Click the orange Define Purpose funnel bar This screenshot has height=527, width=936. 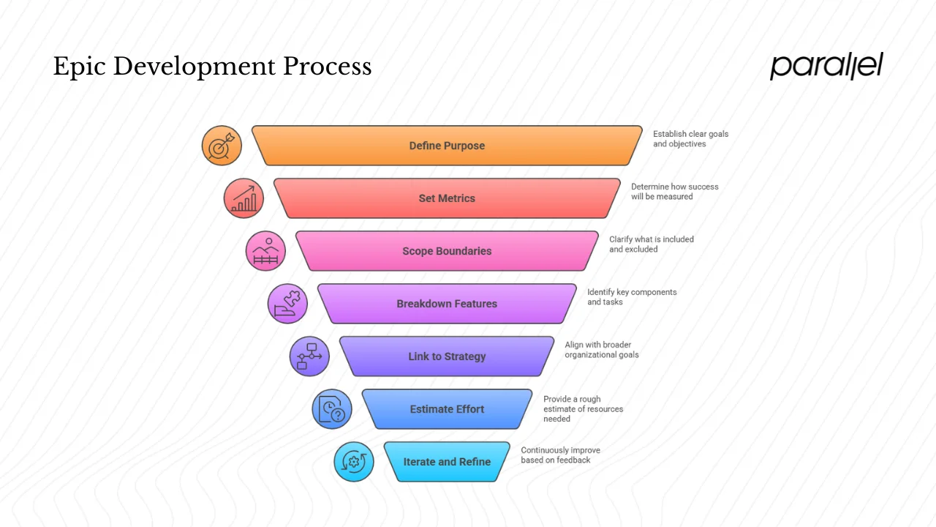click(447, 146)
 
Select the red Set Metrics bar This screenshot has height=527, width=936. click(447, 198)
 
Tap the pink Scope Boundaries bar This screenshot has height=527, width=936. click(447, 251)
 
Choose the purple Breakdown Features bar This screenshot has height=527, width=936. click(447, 304)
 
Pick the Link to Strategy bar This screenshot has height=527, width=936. click(447, 356)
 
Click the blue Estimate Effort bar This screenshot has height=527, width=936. click(447, 409)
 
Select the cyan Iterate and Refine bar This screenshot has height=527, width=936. click(447, 462)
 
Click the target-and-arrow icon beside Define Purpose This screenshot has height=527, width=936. click(222, 145)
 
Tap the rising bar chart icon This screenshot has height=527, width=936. click(244, 198)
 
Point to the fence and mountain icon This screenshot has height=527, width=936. click(265, 251)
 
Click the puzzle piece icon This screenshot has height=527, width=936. click(287, 304)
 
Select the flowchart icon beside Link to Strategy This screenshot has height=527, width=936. click(309, 356)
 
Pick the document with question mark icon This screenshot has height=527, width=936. click(332, 409)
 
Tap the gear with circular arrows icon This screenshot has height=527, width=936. click(354, 462)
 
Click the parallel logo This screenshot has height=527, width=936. click(826, 66)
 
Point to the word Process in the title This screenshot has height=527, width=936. click(327, 67)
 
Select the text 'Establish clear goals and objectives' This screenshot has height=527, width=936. click(690, 139)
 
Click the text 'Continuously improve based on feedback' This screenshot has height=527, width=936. click(560, 455)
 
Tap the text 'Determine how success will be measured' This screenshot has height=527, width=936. click(674, 192)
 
